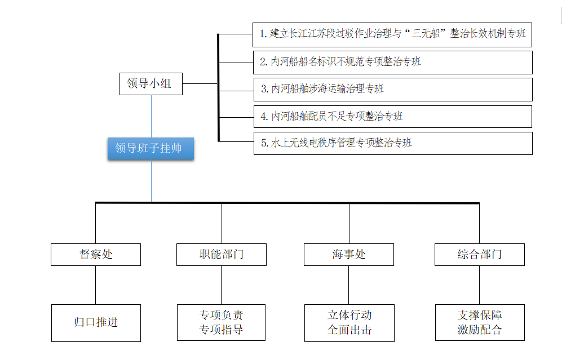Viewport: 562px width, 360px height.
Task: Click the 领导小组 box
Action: pos(151,83)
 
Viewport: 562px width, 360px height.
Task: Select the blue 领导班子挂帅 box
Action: pos(151,149)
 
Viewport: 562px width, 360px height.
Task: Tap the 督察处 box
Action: pos(95,254)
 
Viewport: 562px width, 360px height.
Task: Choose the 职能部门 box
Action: pos(221,254)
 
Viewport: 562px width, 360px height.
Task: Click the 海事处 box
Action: pos(348,254)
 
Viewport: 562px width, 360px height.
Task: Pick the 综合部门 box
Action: pos(479,254)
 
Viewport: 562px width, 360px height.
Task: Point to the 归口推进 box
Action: pos(96,323)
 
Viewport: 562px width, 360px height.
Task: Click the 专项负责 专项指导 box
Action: pos(221,322)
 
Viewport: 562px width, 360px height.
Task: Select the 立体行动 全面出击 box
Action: pos(349,323)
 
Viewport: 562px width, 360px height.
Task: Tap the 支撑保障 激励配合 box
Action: pos(480,322)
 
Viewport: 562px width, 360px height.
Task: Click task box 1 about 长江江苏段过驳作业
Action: pos(392,34)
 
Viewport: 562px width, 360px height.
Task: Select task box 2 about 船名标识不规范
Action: pos(392,62)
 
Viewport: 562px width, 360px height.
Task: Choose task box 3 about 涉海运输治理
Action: pos(392,89)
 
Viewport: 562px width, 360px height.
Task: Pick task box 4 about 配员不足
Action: pos(392,116)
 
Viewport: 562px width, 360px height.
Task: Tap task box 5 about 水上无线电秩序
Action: pos(392,143)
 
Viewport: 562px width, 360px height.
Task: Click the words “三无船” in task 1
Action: pos(423,34)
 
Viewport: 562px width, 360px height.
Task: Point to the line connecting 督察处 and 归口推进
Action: pos(95,285)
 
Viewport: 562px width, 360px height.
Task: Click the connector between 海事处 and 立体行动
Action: pos(348,285)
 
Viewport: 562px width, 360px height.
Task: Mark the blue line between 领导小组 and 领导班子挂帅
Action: pos(151,116)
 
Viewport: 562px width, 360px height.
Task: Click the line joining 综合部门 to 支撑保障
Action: pos(479,285)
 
